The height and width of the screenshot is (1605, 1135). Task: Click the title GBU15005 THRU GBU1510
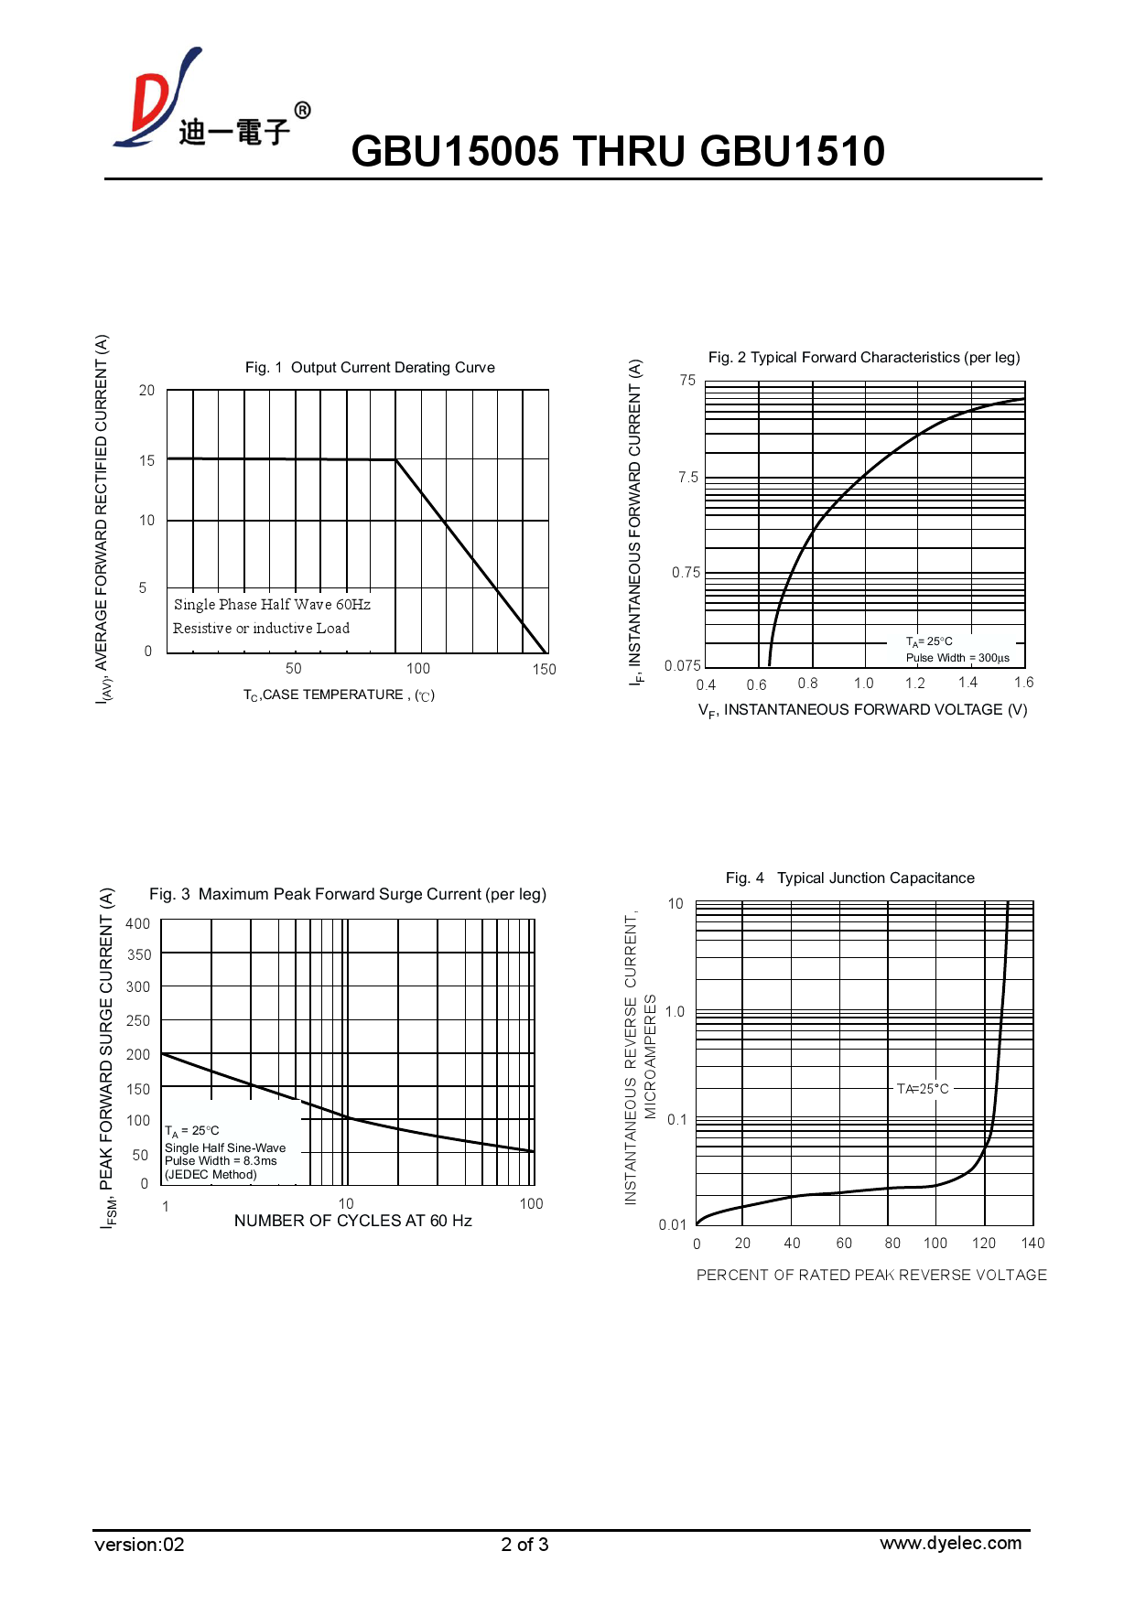click(618, 152)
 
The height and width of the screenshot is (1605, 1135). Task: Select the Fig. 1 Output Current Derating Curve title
click(370, 368)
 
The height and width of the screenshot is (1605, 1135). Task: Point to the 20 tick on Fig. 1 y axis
click(146, 391)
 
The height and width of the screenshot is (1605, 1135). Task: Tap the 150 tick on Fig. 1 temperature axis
click(545, 670)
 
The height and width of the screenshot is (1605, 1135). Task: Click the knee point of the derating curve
click(395, 459)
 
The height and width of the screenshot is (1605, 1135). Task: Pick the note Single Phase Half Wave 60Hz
click(272, 605)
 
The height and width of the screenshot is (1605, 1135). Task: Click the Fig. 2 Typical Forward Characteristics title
click(863, 358)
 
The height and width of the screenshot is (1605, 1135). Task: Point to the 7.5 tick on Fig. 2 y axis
click(688, 478)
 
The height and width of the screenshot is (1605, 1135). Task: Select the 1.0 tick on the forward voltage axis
click(863, 684)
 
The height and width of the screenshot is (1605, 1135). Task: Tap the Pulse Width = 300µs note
click(957, 658)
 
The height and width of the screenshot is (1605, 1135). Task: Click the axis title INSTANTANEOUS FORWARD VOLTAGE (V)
click(862, 710)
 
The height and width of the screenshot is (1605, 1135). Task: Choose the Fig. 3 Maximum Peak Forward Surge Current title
click(348, 895)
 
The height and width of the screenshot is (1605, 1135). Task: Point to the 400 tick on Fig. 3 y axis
click(138, 924)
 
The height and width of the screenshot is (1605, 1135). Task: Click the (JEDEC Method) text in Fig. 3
click(211, 1175)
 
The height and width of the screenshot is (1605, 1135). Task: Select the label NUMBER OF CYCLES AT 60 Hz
click(353, 1222)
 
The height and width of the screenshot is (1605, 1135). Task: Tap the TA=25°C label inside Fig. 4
click(923, 1089)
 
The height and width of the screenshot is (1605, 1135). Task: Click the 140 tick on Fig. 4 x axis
click(1032, 1244)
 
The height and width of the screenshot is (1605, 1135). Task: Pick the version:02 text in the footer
click(139, 1546)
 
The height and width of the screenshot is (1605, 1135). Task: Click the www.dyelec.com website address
click(950, 1544)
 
